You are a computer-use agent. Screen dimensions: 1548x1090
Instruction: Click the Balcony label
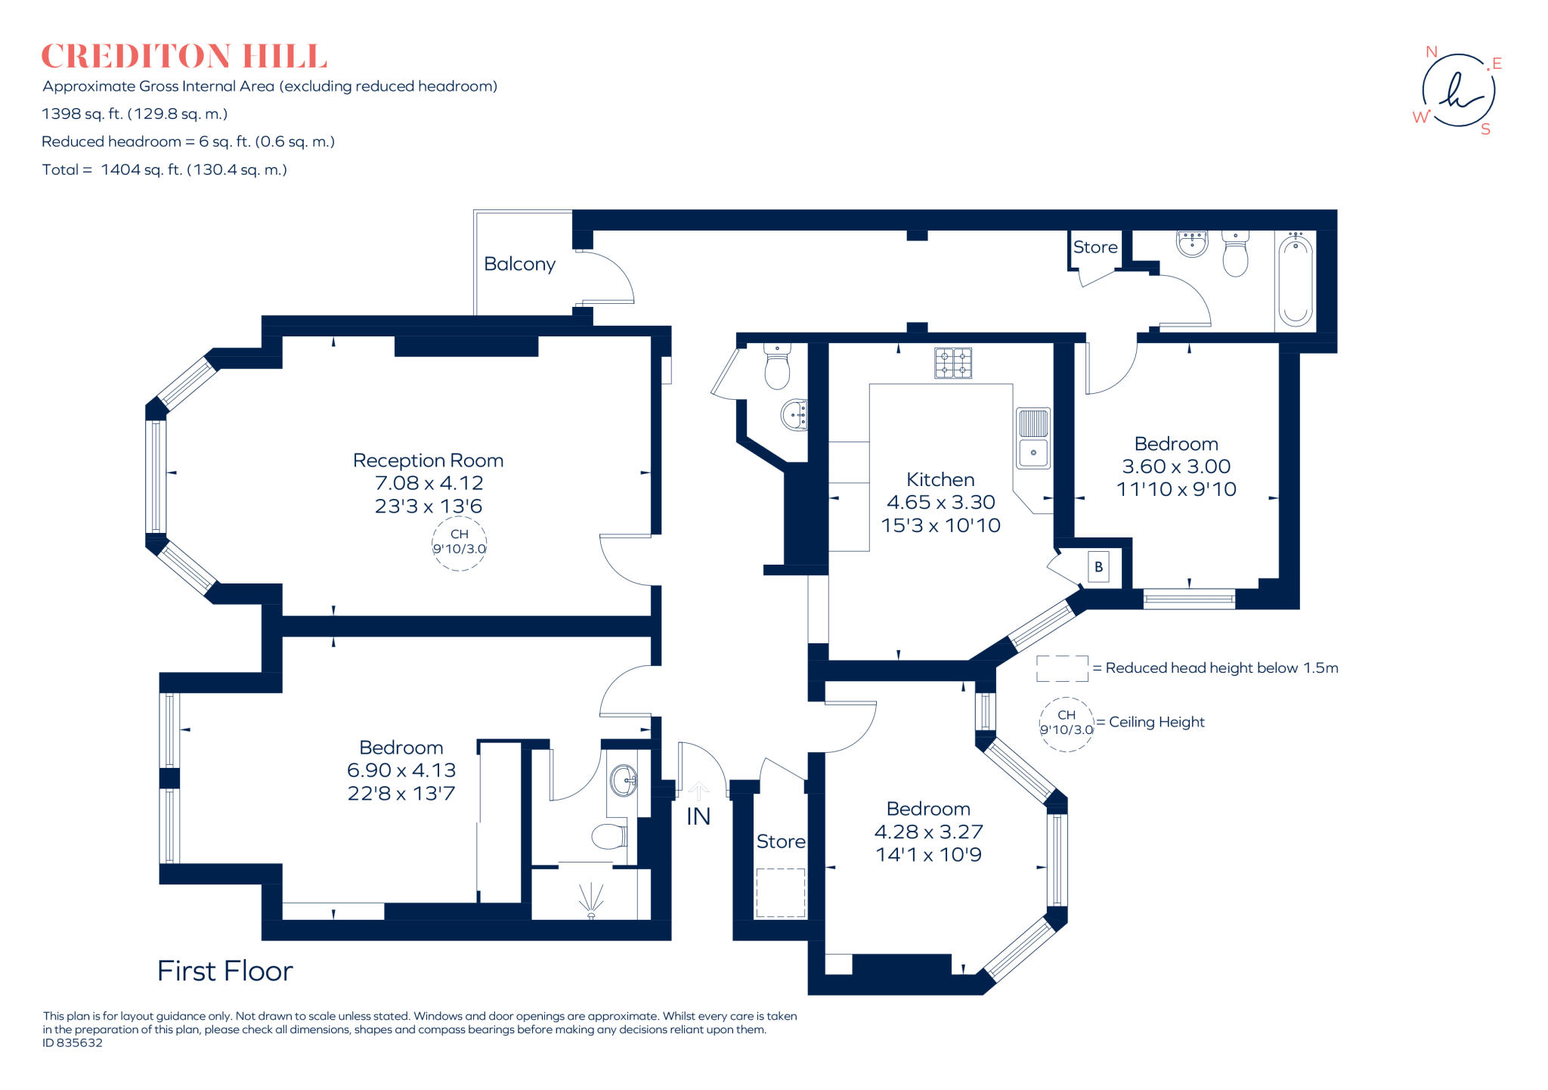pyautogui.click(x=519, y=264)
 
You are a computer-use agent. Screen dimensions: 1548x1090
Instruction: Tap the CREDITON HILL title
pyautogui.click(x=184, y=57)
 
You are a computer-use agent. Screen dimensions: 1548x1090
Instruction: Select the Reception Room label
pyautogui.click(x=428, y=460)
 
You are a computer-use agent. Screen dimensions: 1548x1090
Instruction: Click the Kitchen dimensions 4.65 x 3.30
pyautogui.click(x=941, y=502)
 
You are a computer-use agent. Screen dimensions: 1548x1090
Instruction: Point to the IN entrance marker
pyautogui.click(x=698, y=816)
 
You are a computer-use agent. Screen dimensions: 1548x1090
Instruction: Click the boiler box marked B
pyautogui.click(x=1098, y=567)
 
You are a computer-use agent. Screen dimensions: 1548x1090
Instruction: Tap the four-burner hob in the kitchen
pyautogui.click(x=953, y=363)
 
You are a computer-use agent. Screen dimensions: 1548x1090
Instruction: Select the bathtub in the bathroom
pyautogui.click(x=1296, y=280)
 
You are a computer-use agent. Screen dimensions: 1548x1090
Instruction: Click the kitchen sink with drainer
pyautogui.click(x=1033, y=438)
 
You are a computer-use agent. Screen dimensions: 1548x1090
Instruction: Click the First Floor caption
pyautogui.click(x=225, y=971)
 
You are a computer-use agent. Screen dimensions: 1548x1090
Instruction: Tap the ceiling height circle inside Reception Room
pyautogui.click(x=460, y=542)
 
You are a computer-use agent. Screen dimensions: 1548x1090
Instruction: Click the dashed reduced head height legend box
pyautogui.click(x=1062, y=668)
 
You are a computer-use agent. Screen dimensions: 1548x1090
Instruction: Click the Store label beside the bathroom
pyautogui.click(x=1095, y=247)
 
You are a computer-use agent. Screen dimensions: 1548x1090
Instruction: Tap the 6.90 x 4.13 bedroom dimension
pyautogui.click(x=401, y=770)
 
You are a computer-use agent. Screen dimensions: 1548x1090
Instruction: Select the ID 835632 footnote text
pyautogui.click(x=73, y=1043)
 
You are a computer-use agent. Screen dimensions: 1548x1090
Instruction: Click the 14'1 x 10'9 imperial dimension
pyautogui.click(x=929, y=855)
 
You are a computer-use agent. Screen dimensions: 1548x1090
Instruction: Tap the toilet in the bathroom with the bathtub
pyautogui.click(x=1235, y=254)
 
